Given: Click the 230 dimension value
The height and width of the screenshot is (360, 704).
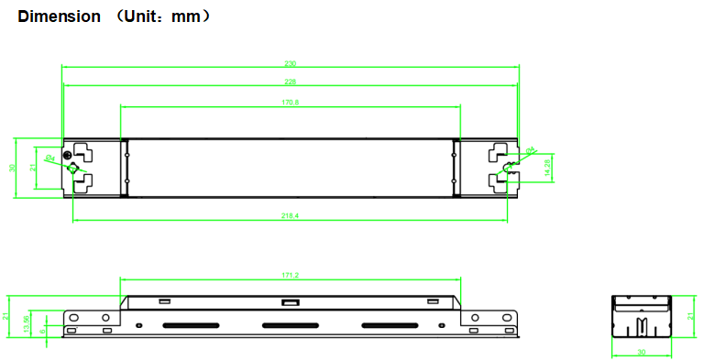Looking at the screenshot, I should click(291, 63).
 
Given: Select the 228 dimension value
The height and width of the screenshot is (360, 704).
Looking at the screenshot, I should click(291, 82).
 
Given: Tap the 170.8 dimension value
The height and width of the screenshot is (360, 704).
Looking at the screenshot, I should click(291, 103).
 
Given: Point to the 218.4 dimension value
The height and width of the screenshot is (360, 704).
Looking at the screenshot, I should click(291, 215).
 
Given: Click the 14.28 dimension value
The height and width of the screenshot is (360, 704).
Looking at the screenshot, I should click(547, 168).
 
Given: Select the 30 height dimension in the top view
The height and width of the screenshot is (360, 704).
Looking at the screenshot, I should click(12, 168).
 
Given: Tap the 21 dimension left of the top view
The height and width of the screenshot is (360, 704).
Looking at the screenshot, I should click(32, 168).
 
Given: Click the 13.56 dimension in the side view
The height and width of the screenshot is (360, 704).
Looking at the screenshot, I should click(26, 322).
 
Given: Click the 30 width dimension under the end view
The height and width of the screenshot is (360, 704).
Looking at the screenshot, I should click(641, 352).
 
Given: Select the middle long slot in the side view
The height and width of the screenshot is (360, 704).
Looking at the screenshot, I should click(291, 325).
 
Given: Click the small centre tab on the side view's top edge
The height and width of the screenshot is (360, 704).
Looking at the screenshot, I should click(291, 301).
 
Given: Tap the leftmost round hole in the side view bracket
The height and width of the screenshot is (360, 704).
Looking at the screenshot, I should click(72, 316).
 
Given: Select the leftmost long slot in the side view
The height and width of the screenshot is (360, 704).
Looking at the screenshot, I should click(192, 325).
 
